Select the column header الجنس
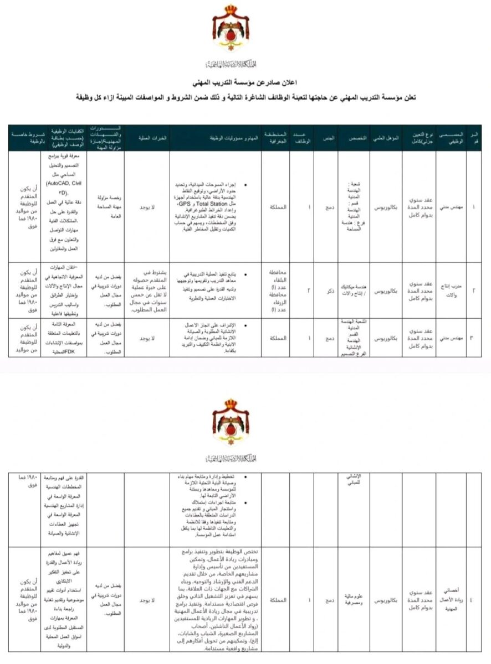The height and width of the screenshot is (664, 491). click(x=329, y=138)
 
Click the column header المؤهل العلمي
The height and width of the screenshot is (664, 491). click(x=386, y=138)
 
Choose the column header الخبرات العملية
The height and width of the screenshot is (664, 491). click(x=147, y=138)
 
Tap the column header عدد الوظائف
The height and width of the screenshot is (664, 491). click(x=303, y=138)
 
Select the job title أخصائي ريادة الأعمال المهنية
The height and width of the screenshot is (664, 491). click(x=451, y=599)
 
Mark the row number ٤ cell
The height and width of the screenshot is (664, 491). click(x=474, y=599)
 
